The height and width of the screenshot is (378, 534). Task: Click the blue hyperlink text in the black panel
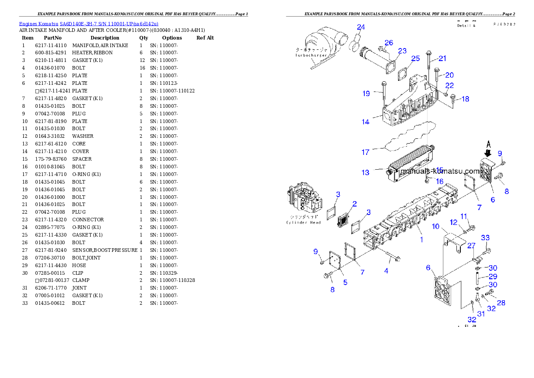click(x=88, y=24)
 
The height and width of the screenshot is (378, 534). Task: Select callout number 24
click(x=361, y=27)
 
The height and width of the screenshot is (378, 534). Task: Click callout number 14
click(x=366, y=122)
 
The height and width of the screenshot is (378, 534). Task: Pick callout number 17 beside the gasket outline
click(x=366, y=152)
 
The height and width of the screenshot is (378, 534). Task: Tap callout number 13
click(x=366, y=173)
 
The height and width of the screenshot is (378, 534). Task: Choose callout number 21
click(x=442, y=58)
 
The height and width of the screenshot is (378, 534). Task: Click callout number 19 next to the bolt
click(x=367, y=93)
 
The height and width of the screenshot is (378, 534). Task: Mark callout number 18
click(x=465, y=99)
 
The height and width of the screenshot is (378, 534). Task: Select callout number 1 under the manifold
click(x=421, y=240)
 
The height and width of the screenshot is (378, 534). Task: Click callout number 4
click(x=386, y=271)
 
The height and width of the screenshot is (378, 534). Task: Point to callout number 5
click(x=345, y=282)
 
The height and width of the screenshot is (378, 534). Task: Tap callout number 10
click(x=436, y=227)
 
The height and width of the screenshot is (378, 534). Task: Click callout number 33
click(x=486, y=238)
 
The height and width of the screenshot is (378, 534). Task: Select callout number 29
click(x=493, y=277)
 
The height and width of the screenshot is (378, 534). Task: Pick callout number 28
click(x=501, y=303)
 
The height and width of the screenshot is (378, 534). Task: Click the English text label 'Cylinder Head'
click(x=304, y=223)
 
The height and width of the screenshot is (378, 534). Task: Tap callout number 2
click(x=355, y=204)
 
